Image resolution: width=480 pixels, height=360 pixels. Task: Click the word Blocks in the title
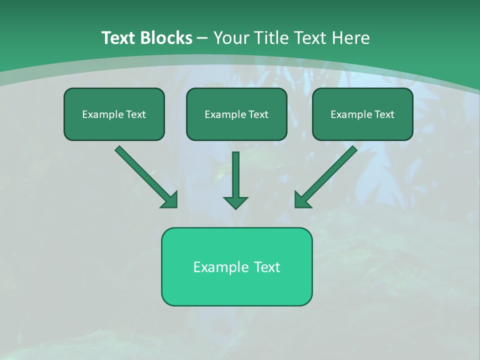[166, 38]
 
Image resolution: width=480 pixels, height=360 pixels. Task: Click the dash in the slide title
[202, 38]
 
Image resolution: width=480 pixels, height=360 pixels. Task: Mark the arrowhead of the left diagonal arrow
[170, 200]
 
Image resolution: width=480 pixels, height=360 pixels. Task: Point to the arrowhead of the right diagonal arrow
[302, 200]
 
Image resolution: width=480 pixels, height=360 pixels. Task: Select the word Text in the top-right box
[384, 114]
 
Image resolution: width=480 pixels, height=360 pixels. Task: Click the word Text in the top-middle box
[258, 114]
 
